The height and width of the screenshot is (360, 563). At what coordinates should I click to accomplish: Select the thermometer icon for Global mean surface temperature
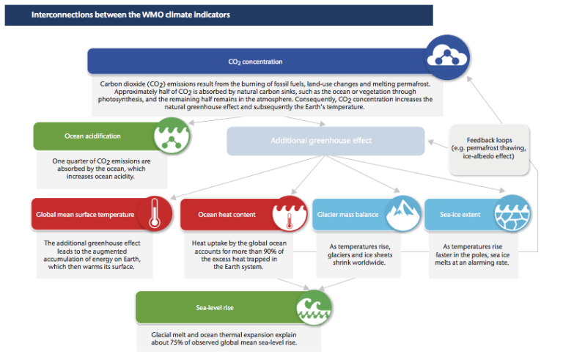pos(152,215)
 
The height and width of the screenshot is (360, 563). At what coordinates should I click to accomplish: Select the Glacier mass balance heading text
pos(347,215)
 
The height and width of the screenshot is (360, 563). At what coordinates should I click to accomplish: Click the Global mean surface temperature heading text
pos(85,215)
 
